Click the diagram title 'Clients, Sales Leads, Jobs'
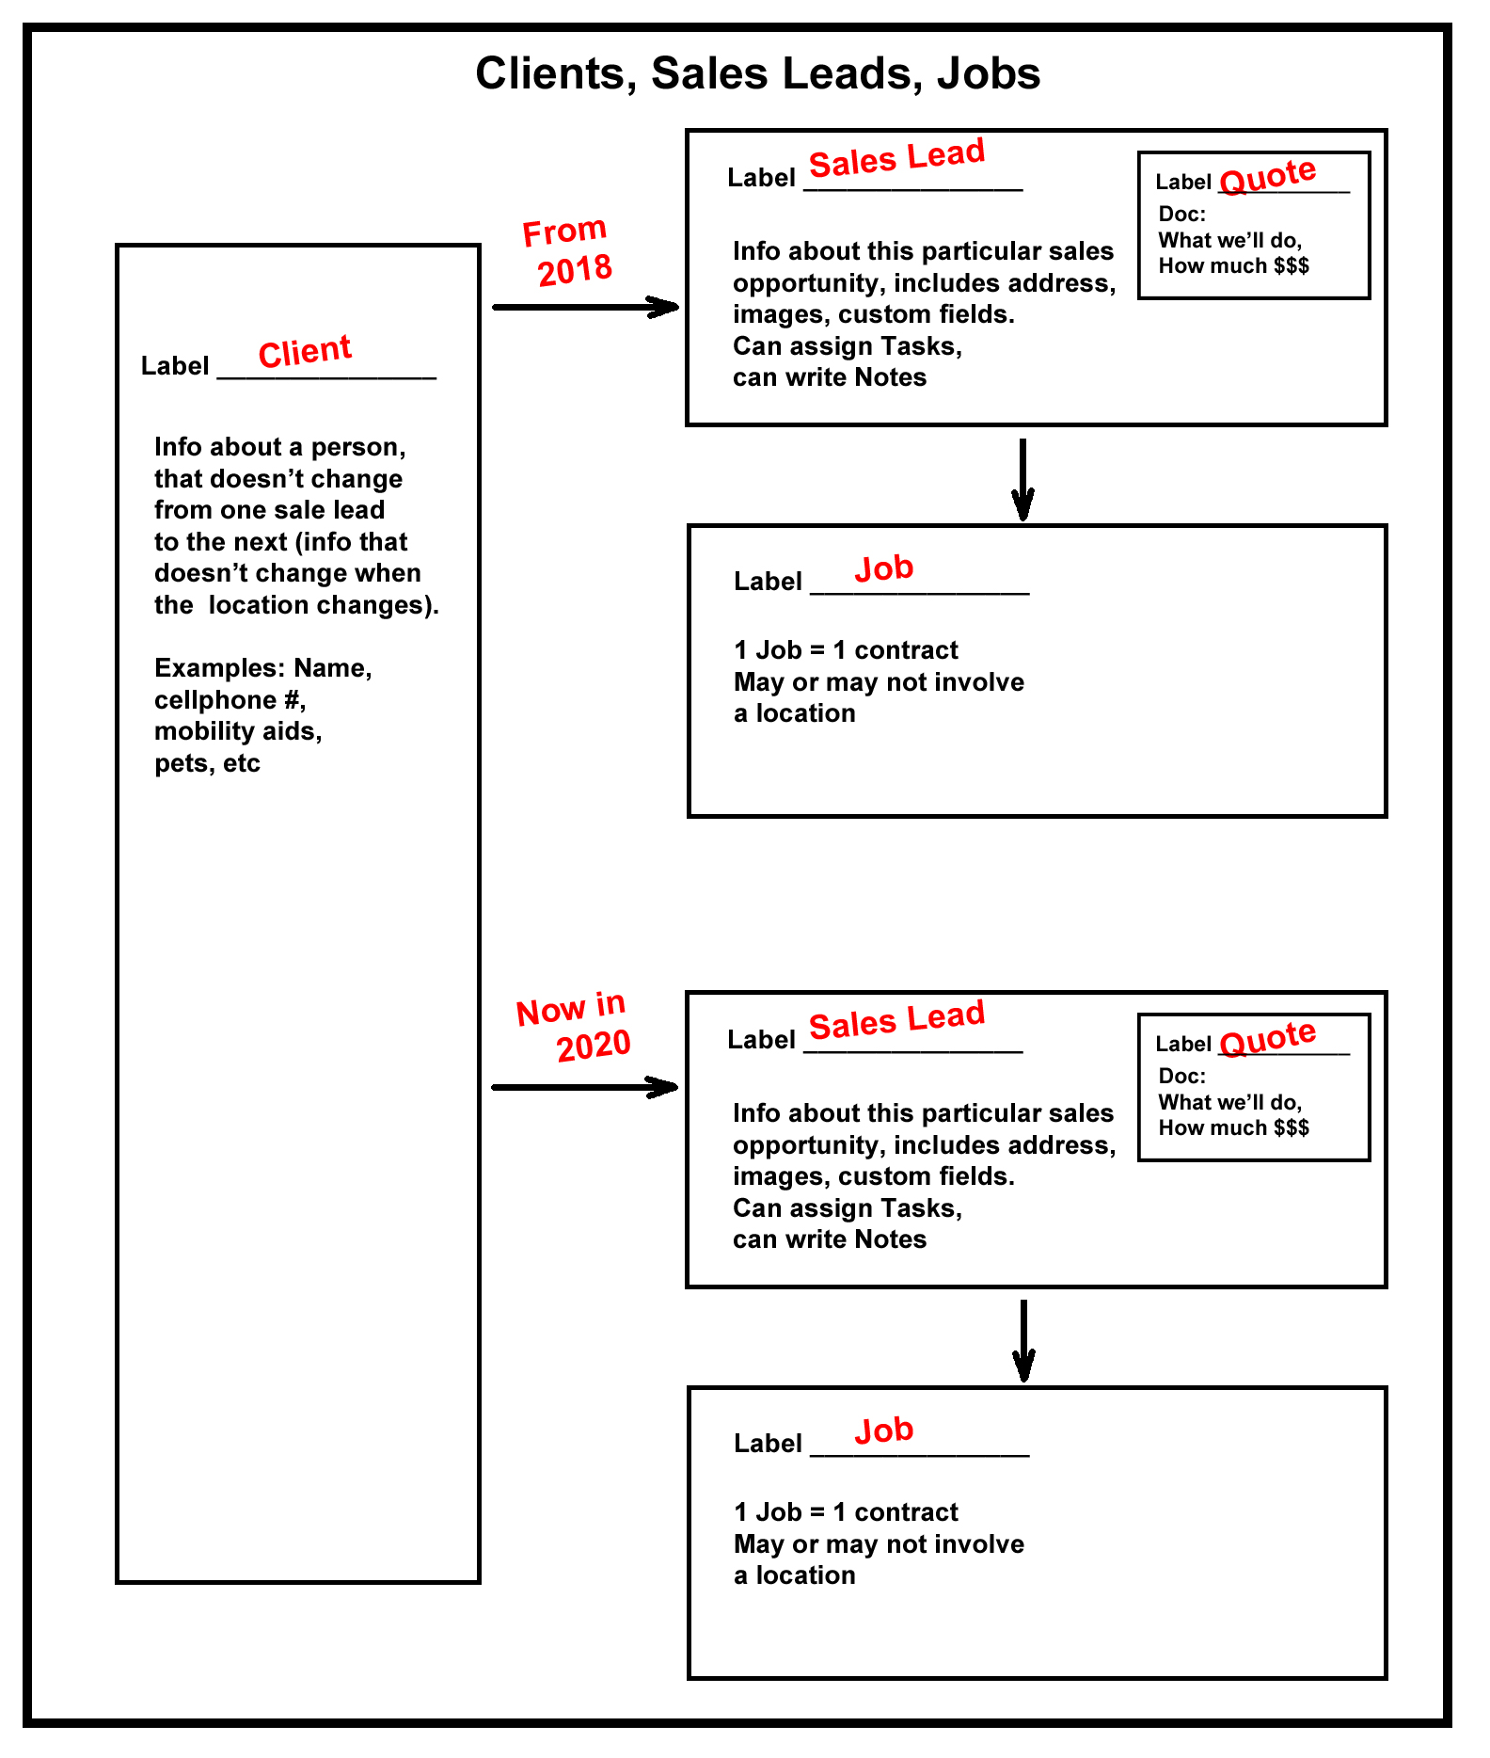pos(757,73)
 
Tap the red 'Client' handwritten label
pos(305,351)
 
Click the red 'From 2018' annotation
pos(567,251)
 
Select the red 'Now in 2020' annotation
pos(573,1027)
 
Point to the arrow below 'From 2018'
pos(585,307)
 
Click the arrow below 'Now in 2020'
pos(585,1087)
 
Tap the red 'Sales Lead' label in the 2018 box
pos(896,157)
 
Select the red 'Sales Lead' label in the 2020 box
pos(896,1019)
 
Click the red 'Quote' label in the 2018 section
pos(1268,175)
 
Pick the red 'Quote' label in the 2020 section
pos(1268,1037)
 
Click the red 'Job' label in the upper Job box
pos(884,568)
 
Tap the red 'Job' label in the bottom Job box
pos(884,1430)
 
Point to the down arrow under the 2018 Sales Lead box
pos(1023,479)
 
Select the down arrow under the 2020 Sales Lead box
pos(1023,1341)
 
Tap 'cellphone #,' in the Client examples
pos(230,700)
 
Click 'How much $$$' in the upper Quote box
pos(1233,265)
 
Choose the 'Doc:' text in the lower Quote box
pos(1181,1076)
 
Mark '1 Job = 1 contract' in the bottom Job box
pos(846,1512)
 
